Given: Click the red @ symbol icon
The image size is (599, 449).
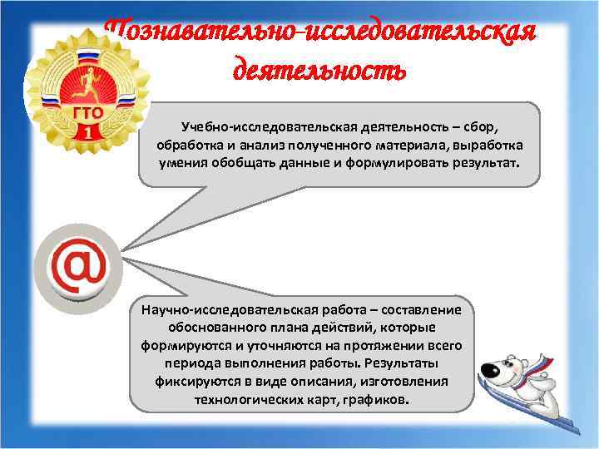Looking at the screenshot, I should (77, 265).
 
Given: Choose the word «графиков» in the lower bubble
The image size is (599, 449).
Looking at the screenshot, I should (379, 398).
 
